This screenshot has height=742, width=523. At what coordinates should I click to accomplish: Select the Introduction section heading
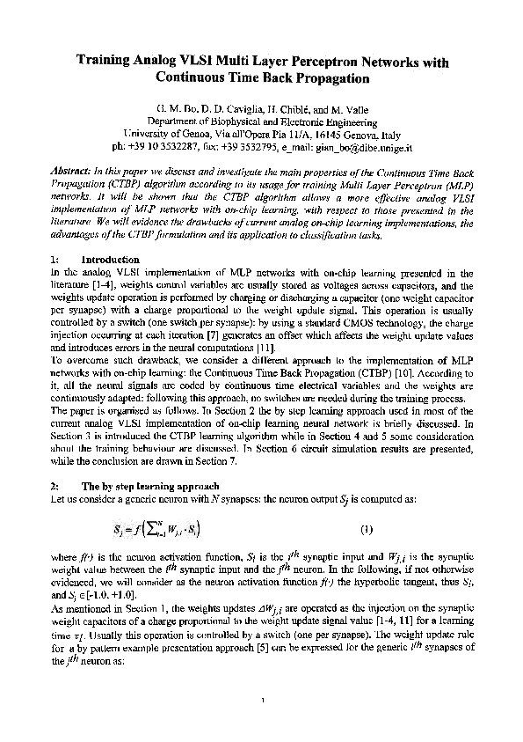110,261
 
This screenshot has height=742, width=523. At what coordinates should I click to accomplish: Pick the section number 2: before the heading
54,486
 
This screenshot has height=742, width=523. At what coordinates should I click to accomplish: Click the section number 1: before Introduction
54,261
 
